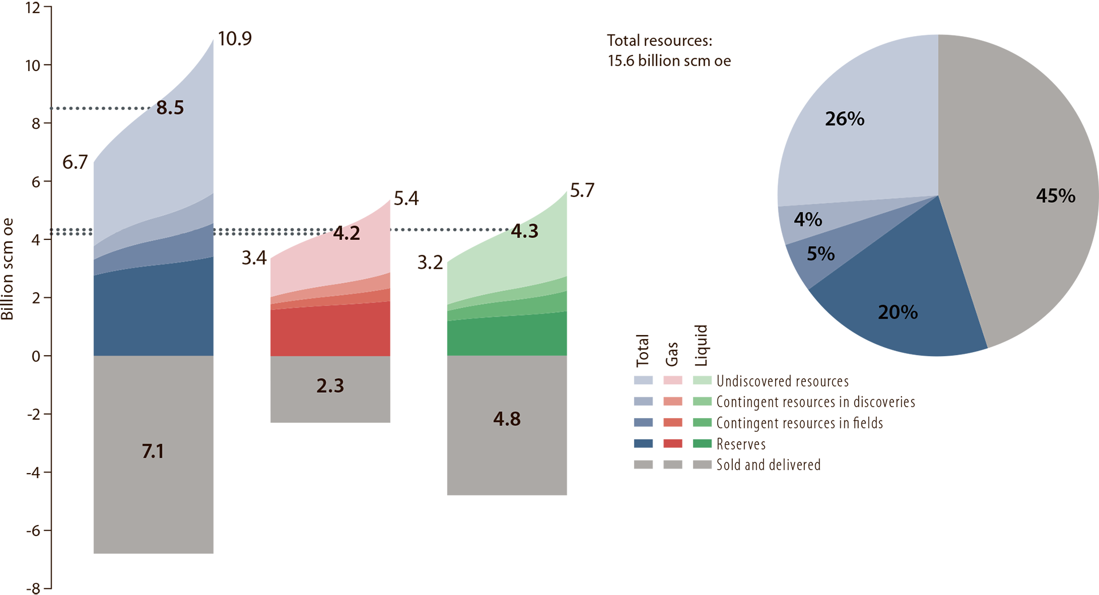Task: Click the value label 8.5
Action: click(170, 108)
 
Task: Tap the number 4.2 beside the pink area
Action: click(346, 233)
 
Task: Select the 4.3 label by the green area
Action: click(524, 231)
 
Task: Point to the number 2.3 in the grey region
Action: click(330, 386)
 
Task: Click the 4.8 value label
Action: click(507, 419)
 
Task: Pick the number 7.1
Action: click(153, 452)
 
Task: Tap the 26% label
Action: click(844, 119)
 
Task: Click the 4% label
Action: click(808, 219)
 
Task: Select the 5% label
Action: click(820, 254)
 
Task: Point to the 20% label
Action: click(898, 312)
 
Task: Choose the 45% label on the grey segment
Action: click(1055, 196)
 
